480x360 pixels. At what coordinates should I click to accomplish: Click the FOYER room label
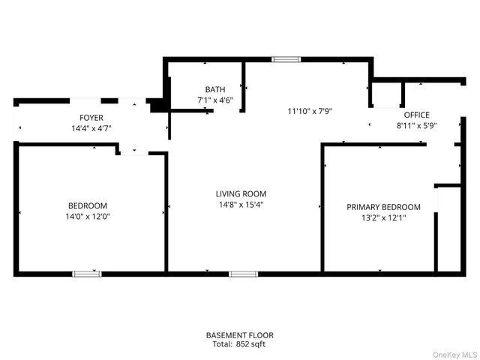coord(91,118)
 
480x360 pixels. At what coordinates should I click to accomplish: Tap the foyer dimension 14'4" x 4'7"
coord(91,128)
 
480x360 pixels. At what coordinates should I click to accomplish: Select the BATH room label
coord(215,89)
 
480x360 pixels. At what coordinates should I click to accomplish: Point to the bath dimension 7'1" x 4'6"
coord(215,100)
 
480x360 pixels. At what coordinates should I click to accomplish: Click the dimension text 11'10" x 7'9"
coord(310,111)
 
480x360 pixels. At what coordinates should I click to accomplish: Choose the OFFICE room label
coord(416,115)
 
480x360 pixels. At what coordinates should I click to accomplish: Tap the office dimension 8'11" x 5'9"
coord(416,125)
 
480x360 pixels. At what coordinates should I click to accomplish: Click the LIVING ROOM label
coord(241,193)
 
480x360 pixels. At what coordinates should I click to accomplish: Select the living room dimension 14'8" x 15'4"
coord(241,204)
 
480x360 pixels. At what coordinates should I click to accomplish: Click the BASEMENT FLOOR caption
coord(240,335)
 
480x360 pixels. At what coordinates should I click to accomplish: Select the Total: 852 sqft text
coord(240,344)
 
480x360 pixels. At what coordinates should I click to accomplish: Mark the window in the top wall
coord(285,58)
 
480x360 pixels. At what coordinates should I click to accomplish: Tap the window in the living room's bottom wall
coord(243,274)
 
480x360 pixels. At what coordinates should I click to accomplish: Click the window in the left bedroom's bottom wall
coord(86,274)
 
